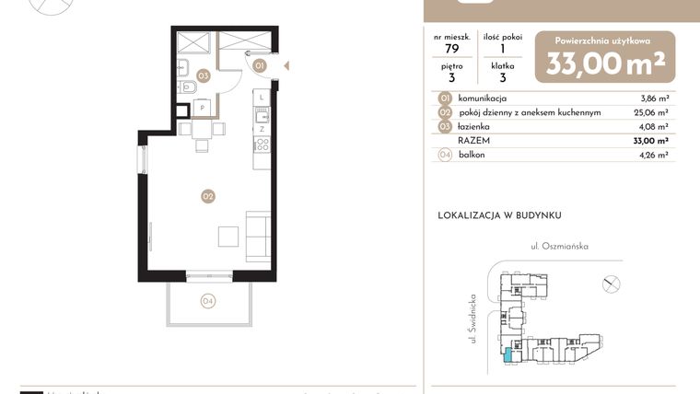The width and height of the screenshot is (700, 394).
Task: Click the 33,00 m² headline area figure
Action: click(605, 64)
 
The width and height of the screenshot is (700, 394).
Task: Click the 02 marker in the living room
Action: click(208, 195)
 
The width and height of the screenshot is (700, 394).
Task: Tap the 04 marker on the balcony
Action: click(208, 300)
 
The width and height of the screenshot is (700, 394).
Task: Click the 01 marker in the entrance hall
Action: click(260, 65)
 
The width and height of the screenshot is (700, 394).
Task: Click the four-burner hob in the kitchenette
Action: click(262, 145)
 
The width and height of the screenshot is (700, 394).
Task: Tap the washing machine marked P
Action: click(202, 108)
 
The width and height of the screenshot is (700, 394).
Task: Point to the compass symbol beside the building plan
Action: click(610, 284)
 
